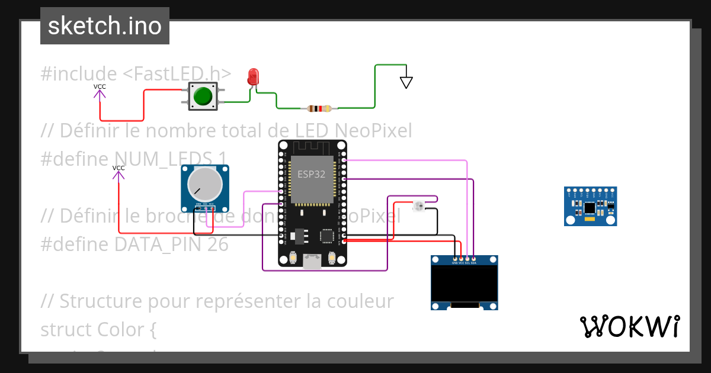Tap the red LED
254,76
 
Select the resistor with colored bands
320,108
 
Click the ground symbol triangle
406,82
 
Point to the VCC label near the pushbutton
100,86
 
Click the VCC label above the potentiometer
118,168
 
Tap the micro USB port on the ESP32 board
312,261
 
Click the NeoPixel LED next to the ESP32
418,206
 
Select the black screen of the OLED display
464,284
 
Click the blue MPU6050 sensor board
590,206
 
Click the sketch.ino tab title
105,26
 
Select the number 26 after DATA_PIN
217,244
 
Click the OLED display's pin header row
464,259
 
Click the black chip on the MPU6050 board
590,207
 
